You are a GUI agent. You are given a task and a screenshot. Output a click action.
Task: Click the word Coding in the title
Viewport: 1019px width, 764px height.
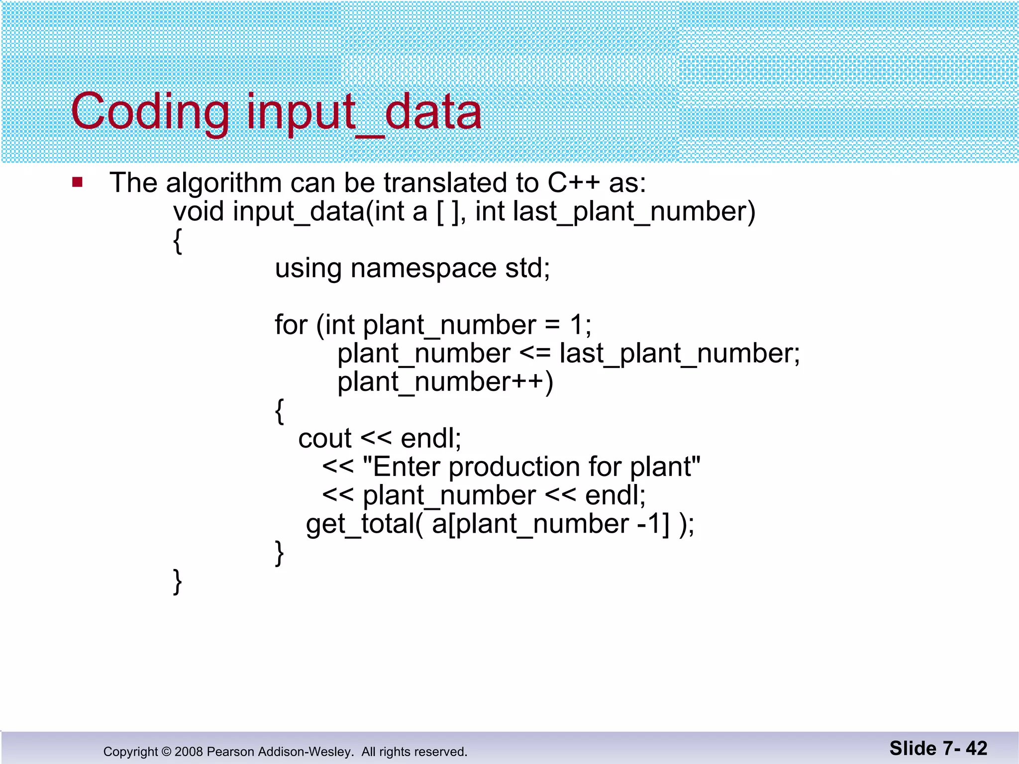click(149, 112)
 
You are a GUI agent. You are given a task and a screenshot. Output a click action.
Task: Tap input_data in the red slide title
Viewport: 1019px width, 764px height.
click(364, 112)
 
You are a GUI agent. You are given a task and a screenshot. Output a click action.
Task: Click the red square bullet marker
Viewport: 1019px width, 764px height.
click(77, 182)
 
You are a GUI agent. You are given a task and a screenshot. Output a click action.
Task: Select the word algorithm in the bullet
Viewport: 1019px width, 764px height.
click(224, 183)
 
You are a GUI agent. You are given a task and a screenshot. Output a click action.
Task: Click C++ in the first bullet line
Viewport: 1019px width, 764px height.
click(573, 183)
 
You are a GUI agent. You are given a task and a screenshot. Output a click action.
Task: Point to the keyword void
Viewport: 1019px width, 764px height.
click(199, 211)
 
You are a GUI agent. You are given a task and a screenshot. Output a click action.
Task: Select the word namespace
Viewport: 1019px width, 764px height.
click(423, 269)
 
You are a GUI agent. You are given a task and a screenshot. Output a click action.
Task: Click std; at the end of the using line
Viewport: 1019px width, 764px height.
click(527, 269)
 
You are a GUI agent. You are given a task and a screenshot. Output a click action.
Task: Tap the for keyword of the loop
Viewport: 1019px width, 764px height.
click(291, 325)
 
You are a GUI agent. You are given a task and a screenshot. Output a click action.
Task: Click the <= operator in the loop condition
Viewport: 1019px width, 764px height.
click(535, 354)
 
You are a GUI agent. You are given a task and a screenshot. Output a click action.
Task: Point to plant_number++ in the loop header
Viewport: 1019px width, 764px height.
click(444, 382)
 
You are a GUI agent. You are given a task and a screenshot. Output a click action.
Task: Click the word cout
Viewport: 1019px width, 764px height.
click(325, 439)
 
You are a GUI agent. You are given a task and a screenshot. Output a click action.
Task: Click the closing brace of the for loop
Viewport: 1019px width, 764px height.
click(280, 553)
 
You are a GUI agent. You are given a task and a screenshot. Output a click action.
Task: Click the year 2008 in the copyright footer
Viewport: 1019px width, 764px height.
click(189, 752)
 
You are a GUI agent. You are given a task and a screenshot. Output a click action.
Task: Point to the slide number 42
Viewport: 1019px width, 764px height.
click(976, 749)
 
